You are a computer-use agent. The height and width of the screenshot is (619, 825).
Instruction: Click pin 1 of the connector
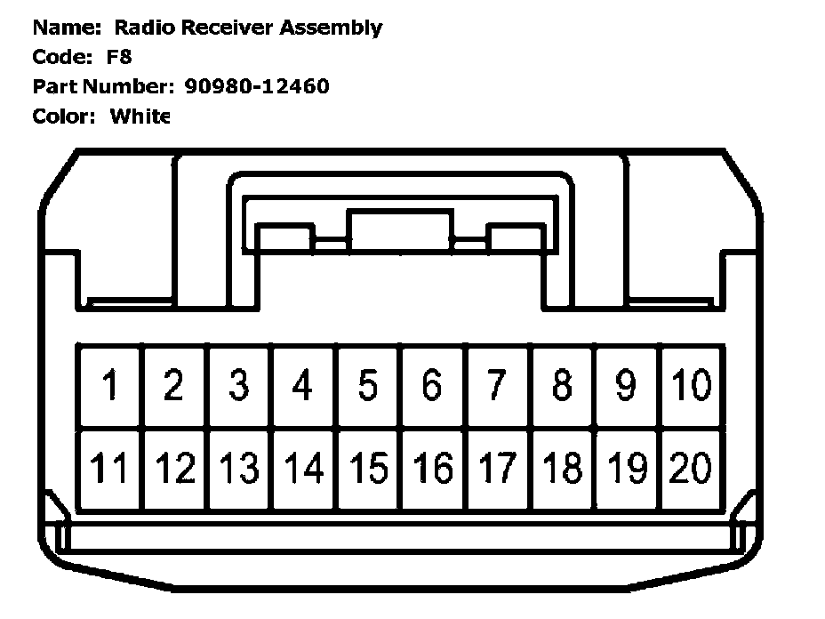(110, 386)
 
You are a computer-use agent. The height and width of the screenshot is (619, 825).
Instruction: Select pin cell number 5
(368, 386)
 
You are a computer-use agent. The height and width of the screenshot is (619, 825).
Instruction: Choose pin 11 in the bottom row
(110, 469)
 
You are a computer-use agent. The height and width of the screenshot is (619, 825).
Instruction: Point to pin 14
(304, 469)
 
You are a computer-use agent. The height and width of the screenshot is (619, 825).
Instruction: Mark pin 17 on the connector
(497, 469)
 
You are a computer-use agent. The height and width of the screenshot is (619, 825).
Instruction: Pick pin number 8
(562, 386)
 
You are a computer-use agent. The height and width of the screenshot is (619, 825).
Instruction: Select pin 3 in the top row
(239, 386)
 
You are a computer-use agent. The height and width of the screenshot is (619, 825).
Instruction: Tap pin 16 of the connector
(433, 469)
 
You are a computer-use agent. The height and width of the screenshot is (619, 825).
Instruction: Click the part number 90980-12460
(257, 86)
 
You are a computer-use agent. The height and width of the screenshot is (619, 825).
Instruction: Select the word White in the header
(140, 116)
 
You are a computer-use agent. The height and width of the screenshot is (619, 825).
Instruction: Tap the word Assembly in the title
(331, 28)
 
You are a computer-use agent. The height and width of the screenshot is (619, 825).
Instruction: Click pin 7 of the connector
(497, 386)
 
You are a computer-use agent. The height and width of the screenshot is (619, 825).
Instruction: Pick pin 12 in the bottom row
(175, 469)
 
